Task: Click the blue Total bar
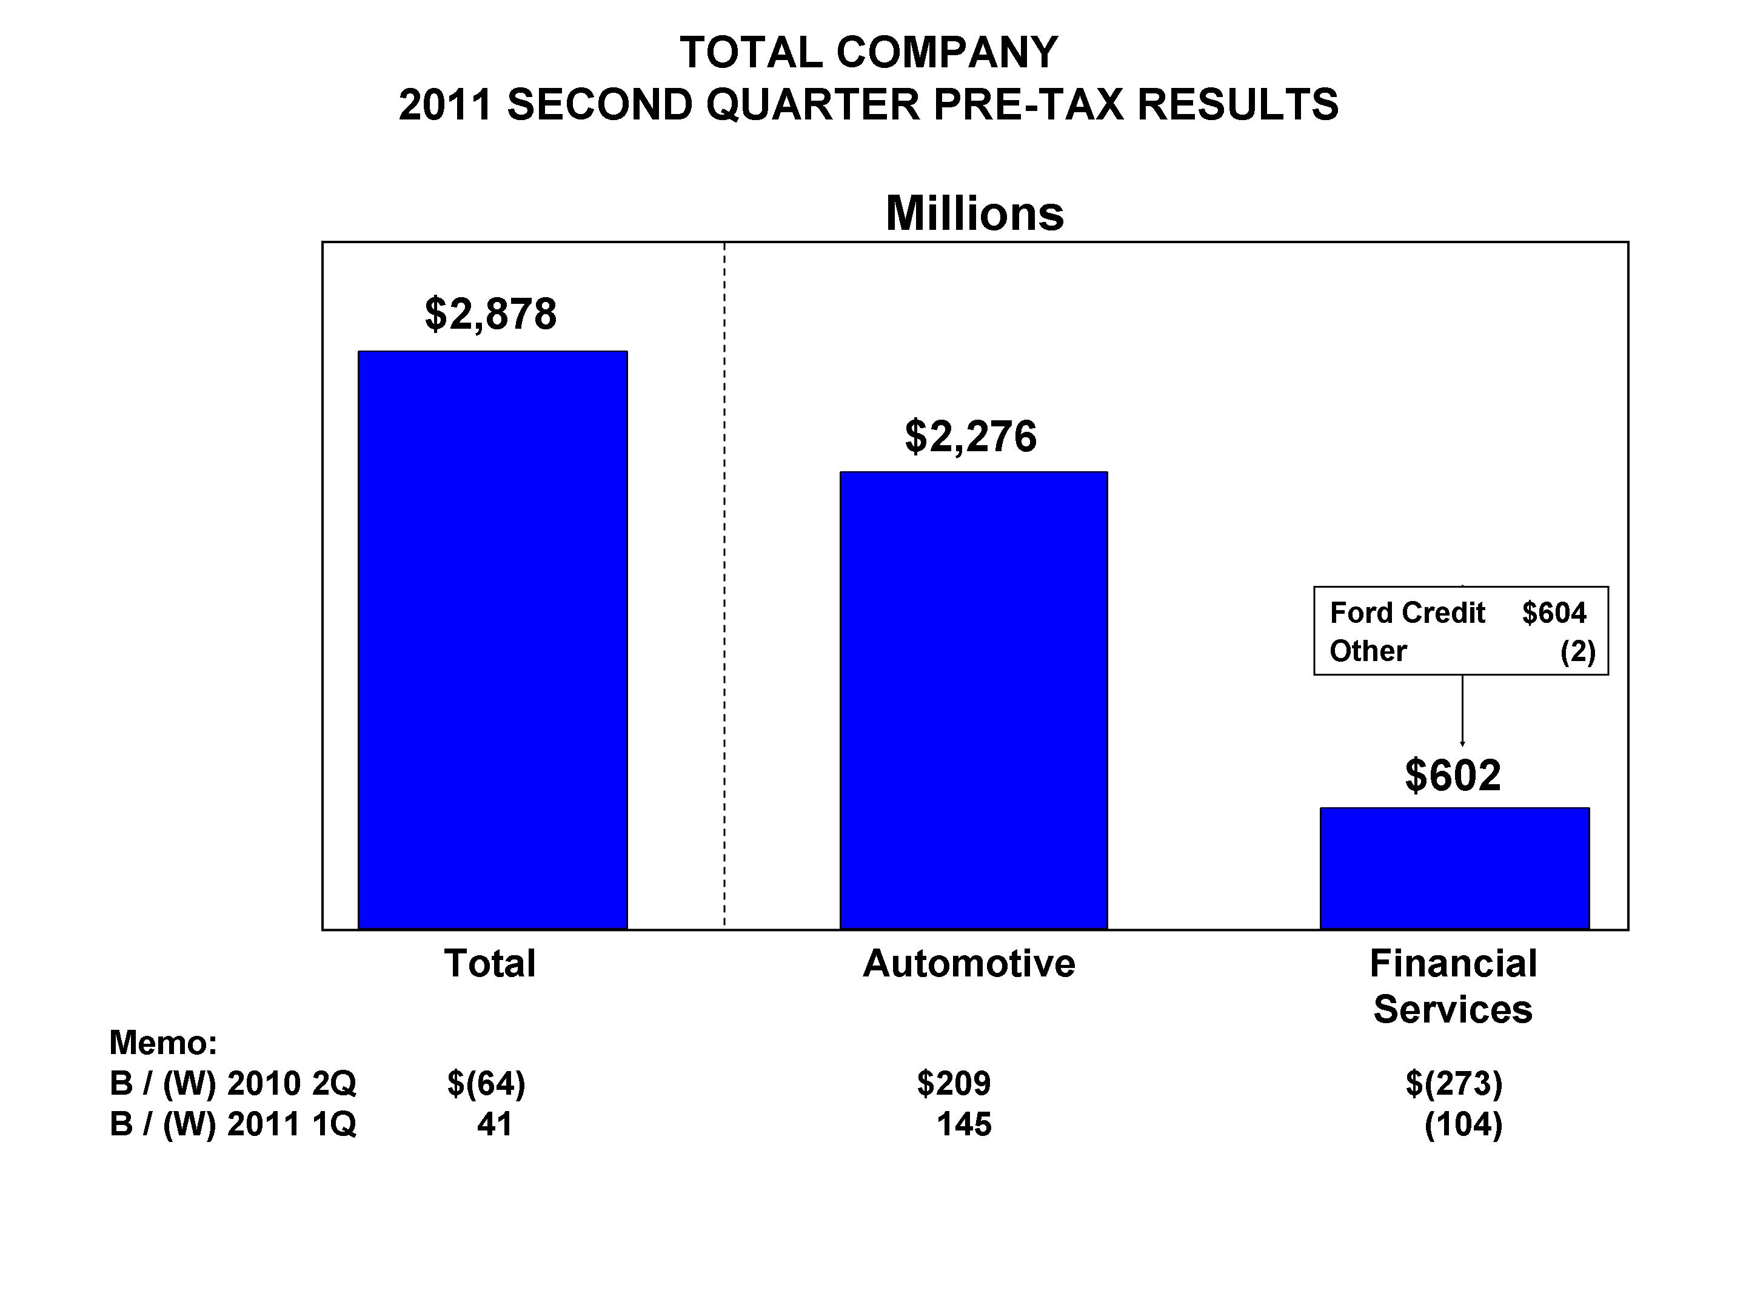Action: tap(492, 640)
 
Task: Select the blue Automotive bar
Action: tap(973, 700)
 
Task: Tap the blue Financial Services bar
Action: tap(1454, 868)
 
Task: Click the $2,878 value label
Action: tap(490, 314)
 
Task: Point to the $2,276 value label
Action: tap(970, 436)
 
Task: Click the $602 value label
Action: tap(1453, 776)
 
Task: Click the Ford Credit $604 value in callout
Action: tap(1553, 613)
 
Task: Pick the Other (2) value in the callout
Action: tap(1577, 651)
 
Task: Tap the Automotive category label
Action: tap(969, 963)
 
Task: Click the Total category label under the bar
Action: tap(489, 963)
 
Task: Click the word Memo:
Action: tap(162, 1043)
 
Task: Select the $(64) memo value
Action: tap(486, 1083)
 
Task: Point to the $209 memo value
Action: tap(953, 1083)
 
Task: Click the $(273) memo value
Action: tap(1453, 1083)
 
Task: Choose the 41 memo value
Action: tap(494, 1124)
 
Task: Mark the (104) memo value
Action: tap(1463, 1124)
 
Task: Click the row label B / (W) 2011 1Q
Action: tap(233, 1124)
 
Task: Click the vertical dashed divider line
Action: tap(724, 584)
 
